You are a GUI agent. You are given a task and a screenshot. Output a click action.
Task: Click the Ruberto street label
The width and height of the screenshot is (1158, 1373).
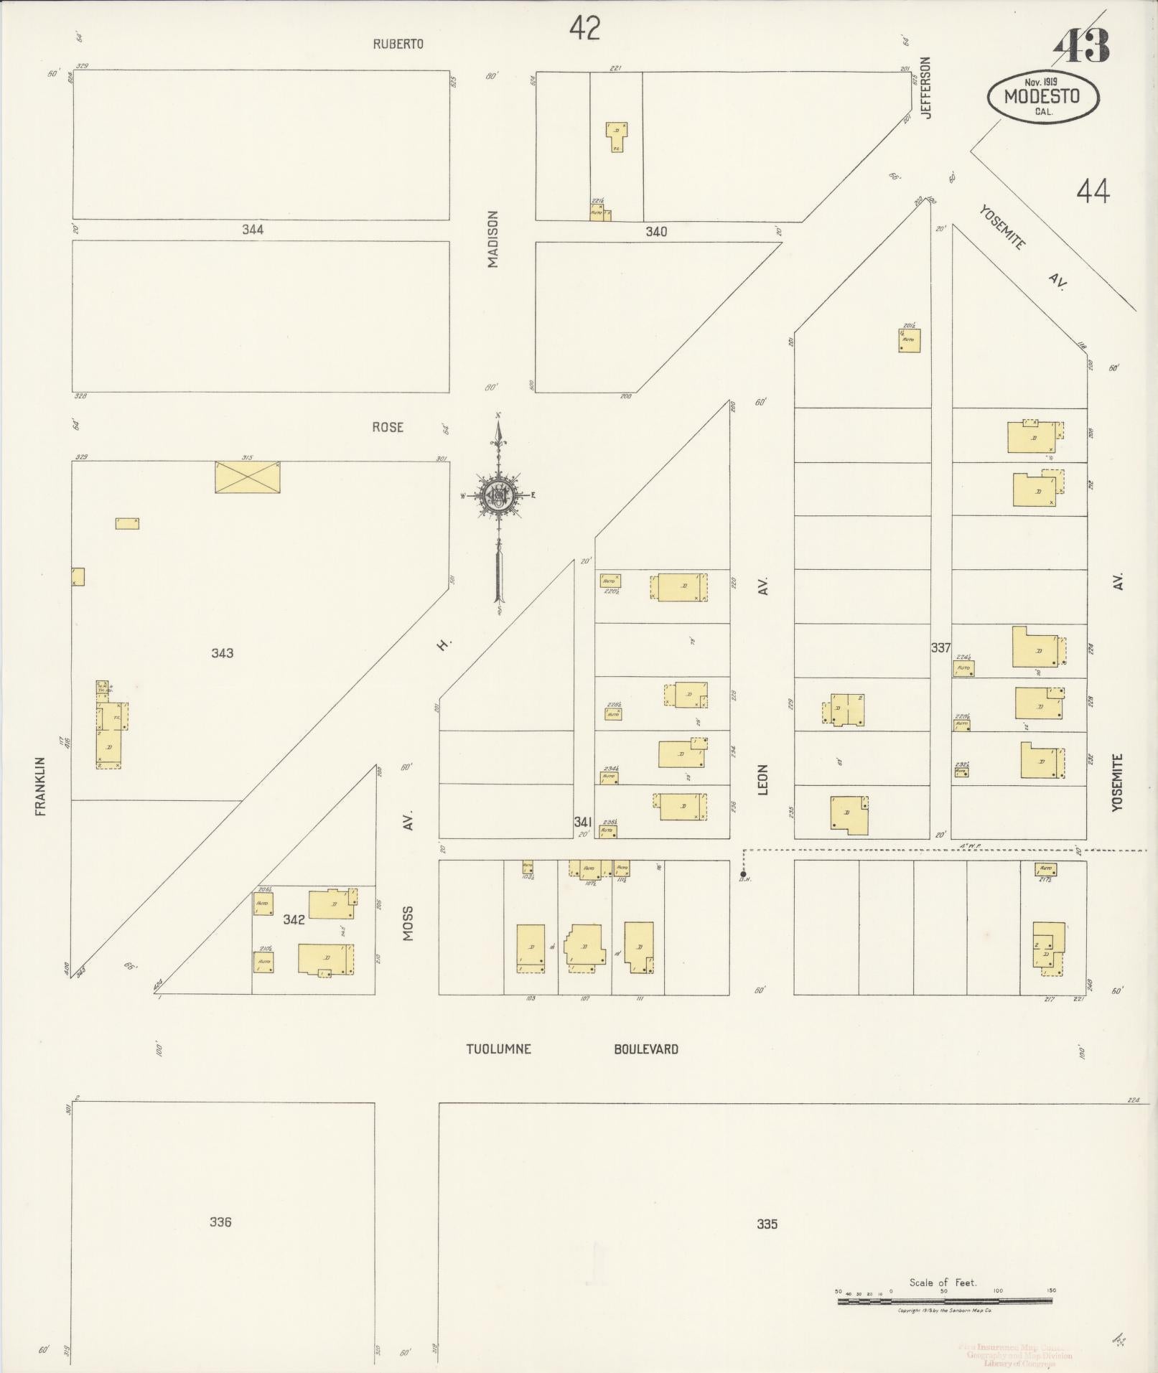398,44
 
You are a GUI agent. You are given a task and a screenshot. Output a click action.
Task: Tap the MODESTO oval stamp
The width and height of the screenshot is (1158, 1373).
1042,97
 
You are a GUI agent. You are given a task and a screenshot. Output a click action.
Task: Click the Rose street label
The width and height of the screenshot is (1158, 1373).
388,427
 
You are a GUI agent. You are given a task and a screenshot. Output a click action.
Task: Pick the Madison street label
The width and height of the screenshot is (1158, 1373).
492,239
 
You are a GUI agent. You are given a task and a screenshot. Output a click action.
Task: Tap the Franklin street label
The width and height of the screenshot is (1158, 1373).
40,785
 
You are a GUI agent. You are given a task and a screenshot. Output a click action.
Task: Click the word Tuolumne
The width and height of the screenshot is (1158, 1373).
499,1049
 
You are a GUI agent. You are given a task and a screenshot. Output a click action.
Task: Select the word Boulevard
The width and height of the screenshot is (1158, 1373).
645,1049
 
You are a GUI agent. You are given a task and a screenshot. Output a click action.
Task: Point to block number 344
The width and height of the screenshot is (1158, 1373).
253,230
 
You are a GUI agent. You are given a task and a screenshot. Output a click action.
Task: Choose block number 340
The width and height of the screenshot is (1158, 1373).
656,231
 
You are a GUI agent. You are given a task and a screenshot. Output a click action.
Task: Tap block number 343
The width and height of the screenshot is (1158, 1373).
223,653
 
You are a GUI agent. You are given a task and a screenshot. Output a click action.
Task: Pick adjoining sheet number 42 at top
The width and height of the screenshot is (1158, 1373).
584,29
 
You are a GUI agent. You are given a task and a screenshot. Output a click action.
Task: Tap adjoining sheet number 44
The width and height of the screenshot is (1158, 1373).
1093,192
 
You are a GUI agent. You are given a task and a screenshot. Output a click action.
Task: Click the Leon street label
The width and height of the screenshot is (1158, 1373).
763,779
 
